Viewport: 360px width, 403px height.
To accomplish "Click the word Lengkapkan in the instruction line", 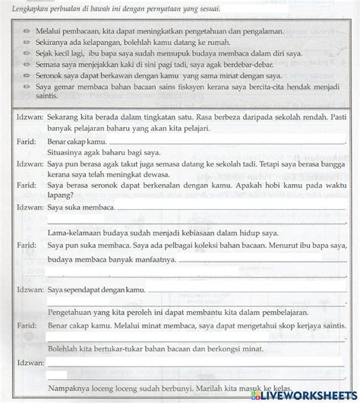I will tap(23, 8).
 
